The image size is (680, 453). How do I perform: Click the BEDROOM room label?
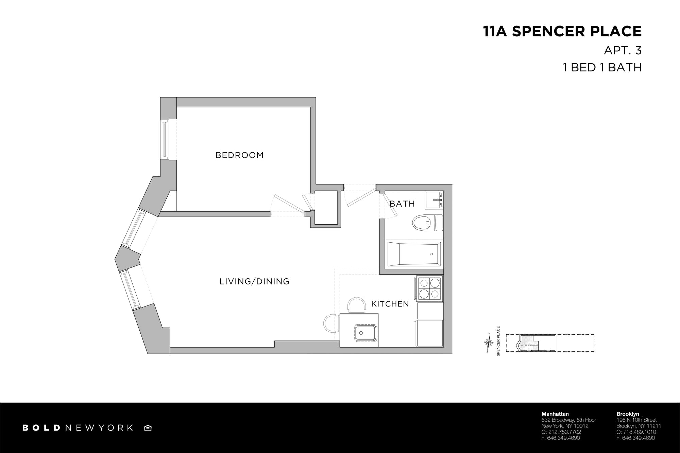coord(239,155)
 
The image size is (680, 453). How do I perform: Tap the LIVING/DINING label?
coord(254,281)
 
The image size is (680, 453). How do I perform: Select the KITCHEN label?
coord(390,304)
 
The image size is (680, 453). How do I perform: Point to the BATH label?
coord(402,204)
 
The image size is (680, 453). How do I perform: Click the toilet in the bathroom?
coord(427,223)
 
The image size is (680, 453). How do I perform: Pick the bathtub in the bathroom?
coord(414,254)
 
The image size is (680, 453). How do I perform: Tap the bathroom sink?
coord(434,200)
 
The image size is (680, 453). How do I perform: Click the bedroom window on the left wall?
coord(165,139)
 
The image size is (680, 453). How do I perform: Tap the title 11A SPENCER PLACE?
coord(562,31)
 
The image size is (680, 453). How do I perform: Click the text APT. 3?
coord(623,50)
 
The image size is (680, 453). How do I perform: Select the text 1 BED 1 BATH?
coord(602,67)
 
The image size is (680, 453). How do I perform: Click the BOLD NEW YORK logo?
coord(78,428)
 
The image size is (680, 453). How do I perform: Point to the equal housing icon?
coord(148,428)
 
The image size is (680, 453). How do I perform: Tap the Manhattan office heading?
coord(555,414)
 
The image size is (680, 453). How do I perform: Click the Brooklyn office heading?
coord(628,414)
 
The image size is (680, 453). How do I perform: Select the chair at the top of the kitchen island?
coord(357,305)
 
